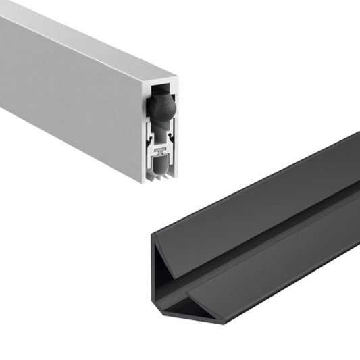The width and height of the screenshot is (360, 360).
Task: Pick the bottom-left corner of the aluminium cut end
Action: [143, 181]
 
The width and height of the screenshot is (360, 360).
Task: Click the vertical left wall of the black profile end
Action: [156, 277]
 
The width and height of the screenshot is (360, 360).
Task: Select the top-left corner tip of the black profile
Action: [153, 234]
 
